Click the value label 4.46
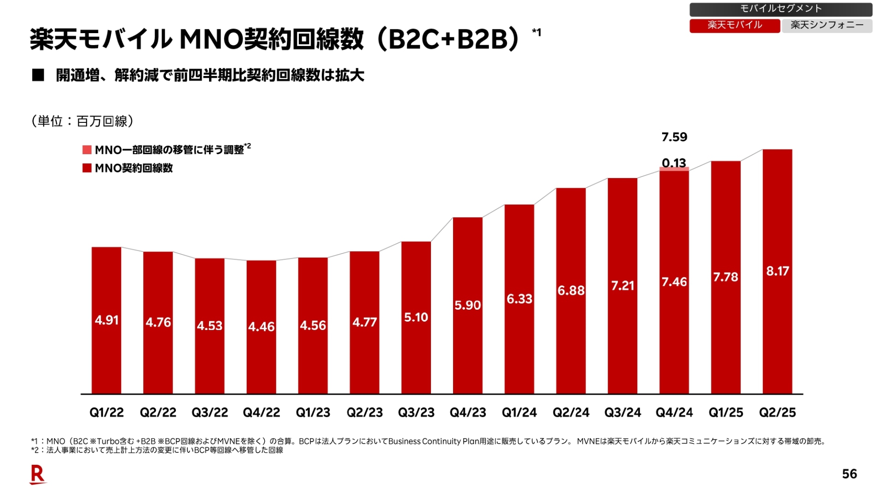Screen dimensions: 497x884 (x=261, y=327)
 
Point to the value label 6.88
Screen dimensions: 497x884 (x=571, y=290)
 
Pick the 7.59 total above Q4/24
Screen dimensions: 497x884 (x=674, y=137)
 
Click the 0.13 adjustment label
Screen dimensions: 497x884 (x=674, y=162)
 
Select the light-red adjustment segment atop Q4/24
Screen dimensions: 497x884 (x=674, y=169)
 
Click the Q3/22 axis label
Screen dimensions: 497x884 (x=209, y=413)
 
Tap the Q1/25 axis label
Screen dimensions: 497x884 (x=726, y=413)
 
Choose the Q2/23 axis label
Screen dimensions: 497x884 (x=365, y=413)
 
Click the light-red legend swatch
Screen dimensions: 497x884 (x=87, y=150)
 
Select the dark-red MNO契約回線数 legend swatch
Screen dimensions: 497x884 (x=87, y=168)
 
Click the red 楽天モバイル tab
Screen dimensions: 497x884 (x=734, y=25)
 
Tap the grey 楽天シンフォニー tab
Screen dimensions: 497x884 (x=827, y=25)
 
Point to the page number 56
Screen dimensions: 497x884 (x=849, y=474)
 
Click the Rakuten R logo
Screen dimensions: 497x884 (x=38, y=474)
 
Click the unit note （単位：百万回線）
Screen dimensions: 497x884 (x=82, y=121)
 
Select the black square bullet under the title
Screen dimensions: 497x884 (x=38, y=75)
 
